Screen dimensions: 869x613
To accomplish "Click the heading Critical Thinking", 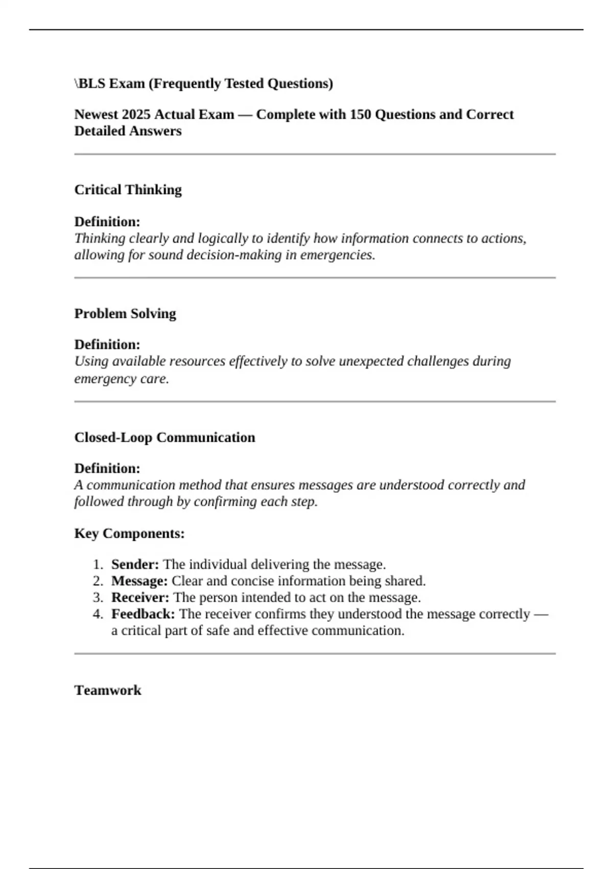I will [128, 190].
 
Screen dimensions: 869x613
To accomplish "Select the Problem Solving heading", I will [125, 313].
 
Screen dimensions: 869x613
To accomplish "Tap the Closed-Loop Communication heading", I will [164, 438].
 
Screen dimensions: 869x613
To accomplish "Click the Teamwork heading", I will [108, 690].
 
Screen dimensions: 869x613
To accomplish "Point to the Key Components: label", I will [129, 533].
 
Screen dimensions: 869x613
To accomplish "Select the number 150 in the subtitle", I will [360, 115].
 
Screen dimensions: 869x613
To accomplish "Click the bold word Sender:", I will [135, 564].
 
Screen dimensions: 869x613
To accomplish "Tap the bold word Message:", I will [139, 581].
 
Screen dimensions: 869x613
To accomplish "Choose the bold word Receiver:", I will [140, 598].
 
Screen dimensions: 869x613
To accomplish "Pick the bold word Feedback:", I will [143, 614].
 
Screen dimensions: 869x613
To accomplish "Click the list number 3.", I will [98, 598].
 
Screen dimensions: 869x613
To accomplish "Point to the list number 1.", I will [98, 564].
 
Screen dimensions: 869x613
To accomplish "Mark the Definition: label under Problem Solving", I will [107, 345].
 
